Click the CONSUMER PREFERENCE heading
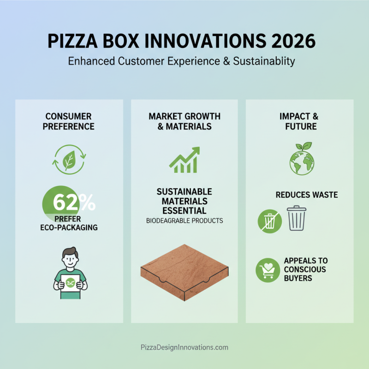tap(69, 121)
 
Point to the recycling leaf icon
tap(69, 160)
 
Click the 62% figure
tap(74, 202)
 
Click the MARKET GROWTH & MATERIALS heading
tap(184, 121)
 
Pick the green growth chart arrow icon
tap(184, 160)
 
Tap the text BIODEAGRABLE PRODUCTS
tap(184, 221)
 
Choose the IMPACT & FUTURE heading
tap(299, 121)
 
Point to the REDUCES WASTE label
tap(307, 195)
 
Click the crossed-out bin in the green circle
tap(269, 220)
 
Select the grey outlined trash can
tap(297, 218)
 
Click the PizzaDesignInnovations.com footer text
tap(184, 347)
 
